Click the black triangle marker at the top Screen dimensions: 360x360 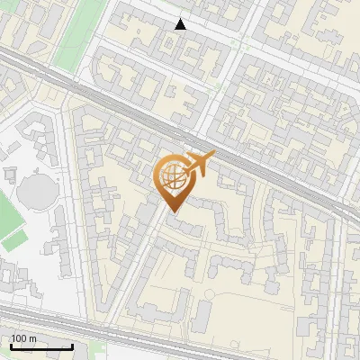(181, 24)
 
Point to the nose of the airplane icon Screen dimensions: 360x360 (212, 156)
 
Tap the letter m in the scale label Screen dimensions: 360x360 (33, 338)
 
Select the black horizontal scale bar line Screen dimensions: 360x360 (41, 346)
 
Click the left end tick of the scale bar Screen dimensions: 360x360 (11, 345)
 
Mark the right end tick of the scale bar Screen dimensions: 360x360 (72, 345)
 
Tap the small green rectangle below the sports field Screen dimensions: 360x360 (13, 241)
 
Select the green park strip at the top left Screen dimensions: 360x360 (76, 36)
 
